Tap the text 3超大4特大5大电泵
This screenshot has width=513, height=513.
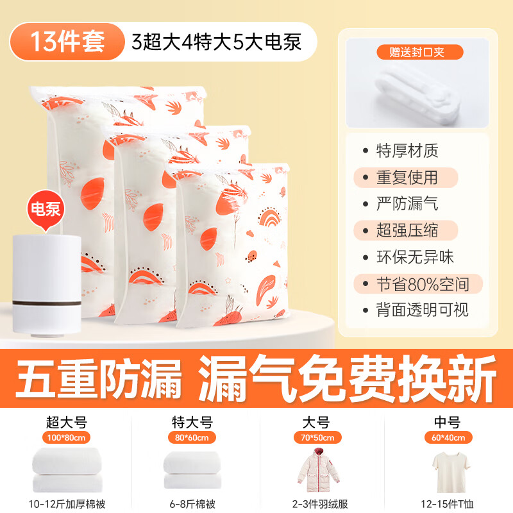click(x=215, y=42)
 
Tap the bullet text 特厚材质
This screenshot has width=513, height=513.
click(x=408, y=151)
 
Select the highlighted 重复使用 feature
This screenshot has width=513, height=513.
click(x=408, y=177)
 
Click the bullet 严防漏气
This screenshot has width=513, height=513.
click(x=408, y=204)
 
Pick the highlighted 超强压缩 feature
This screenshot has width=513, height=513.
click(x=408, y=230)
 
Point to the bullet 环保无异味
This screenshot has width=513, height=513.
click(x=416, y=257)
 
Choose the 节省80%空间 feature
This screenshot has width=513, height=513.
click(x=423, y=283)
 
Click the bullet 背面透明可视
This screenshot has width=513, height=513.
click(x=423, y=310)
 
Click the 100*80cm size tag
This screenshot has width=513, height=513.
click(x=66, y=438)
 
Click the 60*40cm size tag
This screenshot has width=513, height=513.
click(x=448, y=438)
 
